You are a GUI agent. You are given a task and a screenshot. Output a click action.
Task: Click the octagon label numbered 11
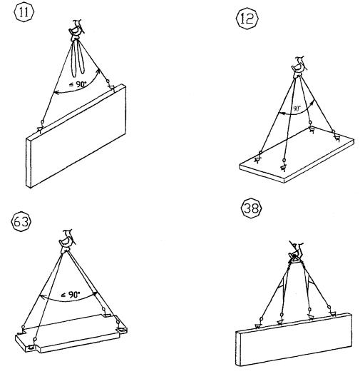(24, 12)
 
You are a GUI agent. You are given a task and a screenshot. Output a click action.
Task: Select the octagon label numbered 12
(247, 19)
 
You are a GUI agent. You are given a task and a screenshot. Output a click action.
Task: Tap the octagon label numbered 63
(21, 222)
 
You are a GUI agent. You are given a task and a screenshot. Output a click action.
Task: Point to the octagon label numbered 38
(252, 208)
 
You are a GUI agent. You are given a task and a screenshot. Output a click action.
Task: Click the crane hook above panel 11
(76, 31)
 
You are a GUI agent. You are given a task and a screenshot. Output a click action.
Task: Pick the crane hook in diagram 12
(299, 67)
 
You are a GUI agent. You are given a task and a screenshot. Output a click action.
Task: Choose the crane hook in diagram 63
(67, 241)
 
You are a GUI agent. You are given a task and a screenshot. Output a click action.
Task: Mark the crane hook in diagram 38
(296, 253)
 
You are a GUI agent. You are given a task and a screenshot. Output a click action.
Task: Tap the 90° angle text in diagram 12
(297, 108)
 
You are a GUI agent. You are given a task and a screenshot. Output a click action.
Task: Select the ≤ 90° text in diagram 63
(71, 295)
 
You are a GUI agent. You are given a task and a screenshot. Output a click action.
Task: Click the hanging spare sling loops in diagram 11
(78, 59)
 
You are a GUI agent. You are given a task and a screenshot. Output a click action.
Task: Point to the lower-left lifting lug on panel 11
(41, 128)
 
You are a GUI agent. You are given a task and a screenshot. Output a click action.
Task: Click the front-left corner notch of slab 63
(31, 348)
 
